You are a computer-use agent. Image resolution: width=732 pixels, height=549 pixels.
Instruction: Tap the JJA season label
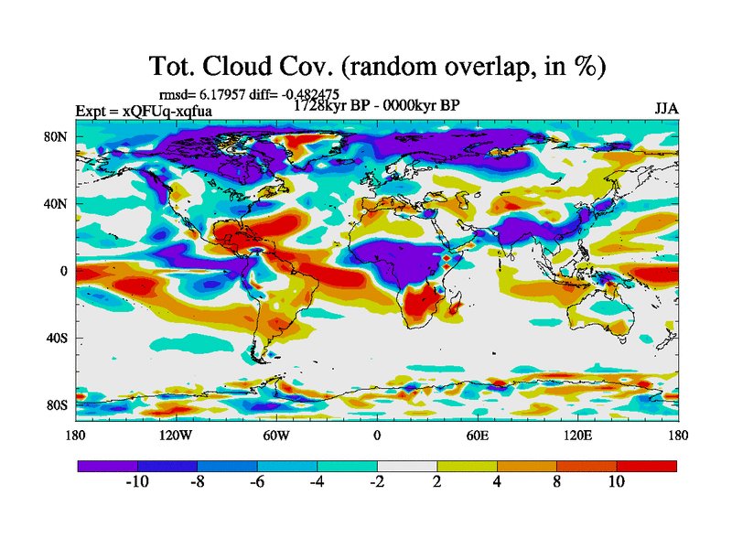(666, 108)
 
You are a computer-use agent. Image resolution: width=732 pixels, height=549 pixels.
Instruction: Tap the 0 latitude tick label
(64, 271)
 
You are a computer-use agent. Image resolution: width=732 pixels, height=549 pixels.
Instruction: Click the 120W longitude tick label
(176, 435)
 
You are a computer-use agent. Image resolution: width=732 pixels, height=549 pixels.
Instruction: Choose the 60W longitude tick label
(276, 435)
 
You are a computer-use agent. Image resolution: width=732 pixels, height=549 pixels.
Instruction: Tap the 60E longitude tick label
(477, 435)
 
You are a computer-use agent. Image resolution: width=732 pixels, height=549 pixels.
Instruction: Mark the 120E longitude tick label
(576, 435)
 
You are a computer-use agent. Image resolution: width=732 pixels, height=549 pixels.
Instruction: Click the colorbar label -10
(136, 482)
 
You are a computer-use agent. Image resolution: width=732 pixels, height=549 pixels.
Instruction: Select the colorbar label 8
(556, 482)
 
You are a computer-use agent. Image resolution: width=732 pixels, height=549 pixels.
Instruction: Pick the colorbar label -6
(257, 482)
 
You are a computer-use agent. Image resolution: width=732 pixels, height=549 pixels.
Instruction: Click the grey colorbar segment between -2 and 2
(407, 466)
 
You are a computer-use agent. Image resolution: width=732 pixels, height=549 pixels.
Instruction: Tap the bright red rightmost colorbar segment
(647, 466)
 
